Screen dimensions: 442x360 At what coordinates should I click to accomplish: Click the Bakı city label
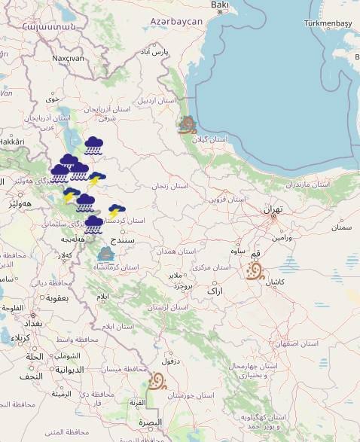pyautogui.click(x=219, y=6)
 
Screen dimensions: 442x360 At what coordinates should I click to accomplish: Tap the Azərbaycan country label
pyautogui.click(x=176, y=22)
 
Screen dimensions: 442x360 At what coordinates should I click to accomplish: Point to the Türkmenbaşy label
pyautogui.click(x=328, y=23)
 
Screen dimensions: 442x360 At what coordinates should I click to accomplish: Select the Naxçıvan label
pyautogui.click(x=68, y=58)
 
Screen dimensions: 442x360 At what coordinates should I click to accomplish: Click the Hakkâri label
pyautogui.click(x=11, y=141)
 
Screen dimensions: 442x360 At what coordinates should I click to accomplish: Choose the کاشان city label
pyautogui.click(x=274, y=281)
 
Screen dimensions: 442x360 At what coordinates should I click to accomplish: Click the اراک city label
pyautogui.click(x=215, y=290)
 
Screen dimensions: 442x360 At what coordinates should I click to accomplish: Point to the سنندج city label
pyautogui.click(x=123, y=240)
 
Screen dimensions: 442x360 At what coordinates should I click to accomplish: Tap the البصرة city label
pyautogui.click(x=149, y=422)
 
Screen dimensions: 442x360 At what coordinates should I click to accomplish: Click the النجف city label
pyautogui.click(x=31, y=376)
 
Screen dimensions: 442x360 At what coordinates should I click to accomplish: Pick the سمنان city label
pyautogui.click(x=341, y=227)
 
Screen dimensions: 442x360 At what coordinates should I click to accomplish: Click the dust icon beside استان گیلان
pyautogui.click(x=188, y=125)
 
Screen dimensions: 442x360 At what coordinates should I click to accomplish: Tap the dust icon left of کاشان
pyautogui.click(x=255, y=270)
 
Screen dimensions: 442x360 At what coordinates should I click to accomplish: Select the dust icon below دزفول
pyautogui.click(x=157, y=381)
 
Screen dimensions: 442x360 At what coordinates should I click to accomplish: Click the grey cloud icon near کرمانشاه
pyautogui.click(x=106, y=254)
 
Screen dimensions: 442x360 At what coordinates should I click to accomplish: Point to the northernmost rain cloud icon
pyautogui.click(x=94, y=145)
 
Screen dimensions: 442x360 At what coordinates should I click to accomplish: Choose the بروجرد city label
pyautogui.click(x=183, y=286)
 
